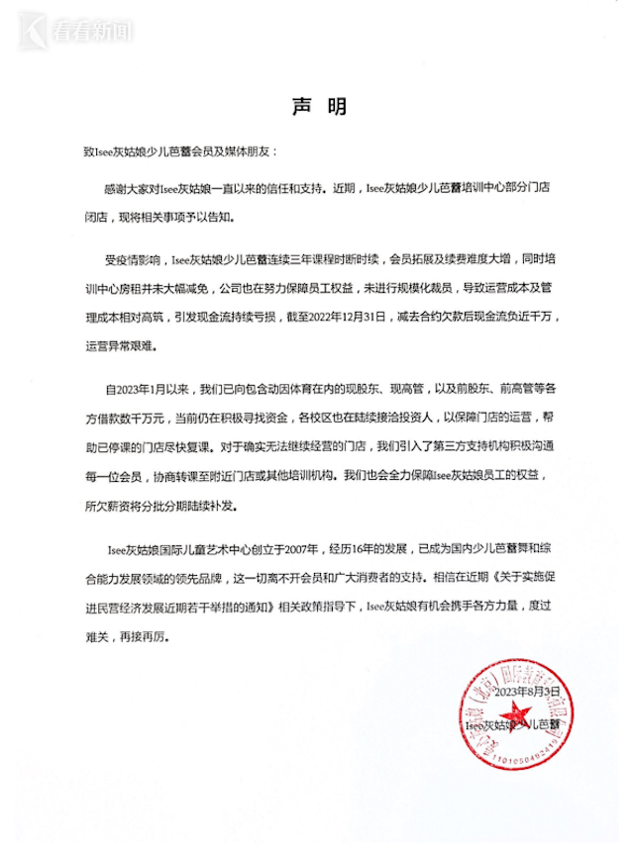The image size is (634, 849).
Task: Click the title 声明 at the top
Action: point(317,105)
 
